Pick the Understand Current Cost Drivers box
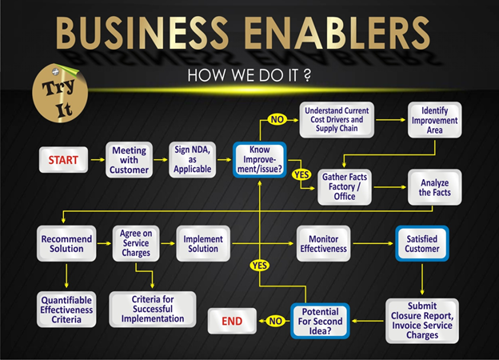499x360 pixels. click(x=336, y=119)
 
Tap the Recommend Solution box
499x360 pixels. click(x=66, y=244)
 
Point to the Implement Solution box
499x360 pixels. click(x=203, y=244)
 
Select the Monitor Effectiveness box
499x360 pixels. click(x=323, y=243)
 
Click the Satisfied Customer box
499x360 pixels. click(x=421, y=243)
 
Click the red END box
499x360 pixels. click(x=233, y=322)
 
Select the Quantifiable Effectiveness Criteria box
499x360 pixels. click(x=66, y=309)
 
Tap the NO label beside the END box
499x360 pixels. click(x=274, y=322)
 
